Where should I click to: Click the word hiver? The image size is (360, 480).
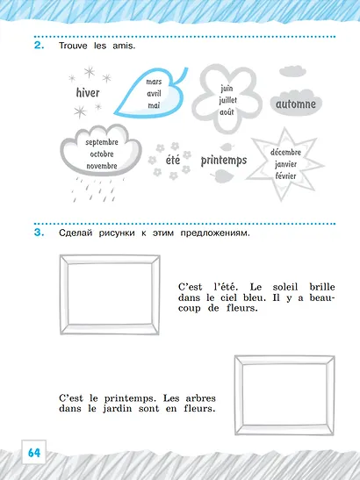point(88,92)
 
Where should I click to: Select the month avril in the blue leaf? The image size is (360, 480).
point(154,94)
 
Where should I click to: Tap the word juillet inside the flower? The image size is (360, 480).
point(228,100)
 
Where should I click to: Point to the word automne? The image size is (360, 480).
point(296,104)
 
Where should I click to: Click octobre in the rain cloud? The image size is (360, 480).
point(102,154)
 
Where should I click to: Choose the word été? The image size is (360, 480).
point(173,160)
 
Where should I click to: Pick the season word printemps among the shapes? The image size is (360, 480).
point(224,160)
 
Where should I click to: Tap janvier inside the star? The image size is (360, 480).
point(285,164)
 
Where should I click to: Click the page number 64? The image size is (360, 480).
point(34,453)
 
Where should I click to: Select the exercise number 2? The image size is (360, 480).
point(39,46)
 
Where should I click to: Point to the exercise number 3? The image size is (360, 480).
point(39,233)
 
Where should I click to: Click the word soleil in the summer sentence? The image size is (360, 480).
point(285,287)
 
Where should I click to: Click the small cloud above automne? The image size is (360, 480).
point(292,71)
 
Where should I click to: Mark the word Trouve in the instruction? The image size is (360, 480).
point(73,46)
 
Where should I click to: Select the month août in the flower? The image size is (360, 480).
point(227,112)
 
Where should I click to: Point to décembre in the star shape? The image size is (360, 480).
point(285,152)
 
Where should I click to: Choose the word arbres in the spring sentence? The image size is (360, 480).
point(201,398)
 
